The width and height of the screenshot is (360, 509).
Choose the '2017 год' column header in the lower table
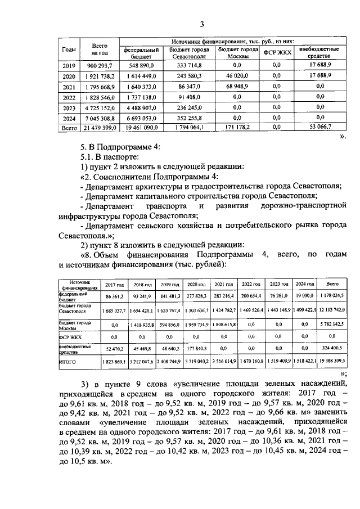point(115,285)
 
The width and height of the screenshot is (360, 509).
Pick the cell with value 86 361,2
point(115,295)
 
